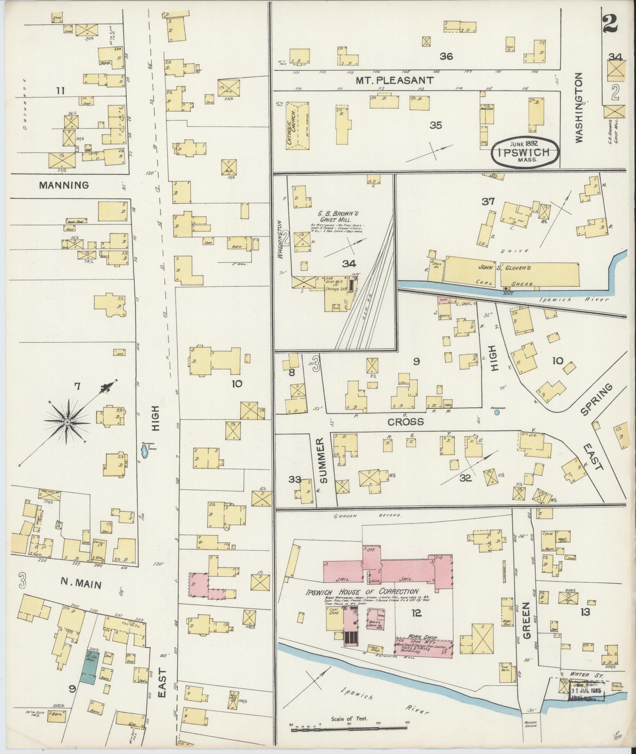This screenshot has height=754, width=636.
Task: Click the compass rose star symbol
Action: pyautogui.click(x=67, y=422)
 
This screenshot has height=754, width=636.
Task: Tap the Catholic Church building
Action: pyautogui.click(x=297, y=125)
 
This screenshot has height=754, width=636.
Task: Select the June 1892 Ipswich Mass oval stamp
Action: pyautogui.click(x=525, y=153)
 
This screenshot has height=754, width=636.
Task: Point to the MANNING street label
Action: pyautogui.click(x=63, y=185)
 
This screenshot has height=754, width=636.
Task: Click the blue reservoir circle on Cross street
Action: pyautogui.click(x=496, y=413)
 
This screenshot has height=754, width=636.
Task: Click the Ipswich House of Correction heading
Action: pyautogui.click(x=362, y=592)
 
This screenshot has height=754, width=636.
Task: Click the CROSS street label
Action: pyautogui.click(x=405, y=422)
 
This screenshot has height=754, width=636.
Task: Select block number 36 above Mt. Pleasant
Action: pyautogui.click(x=446, y=56)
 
